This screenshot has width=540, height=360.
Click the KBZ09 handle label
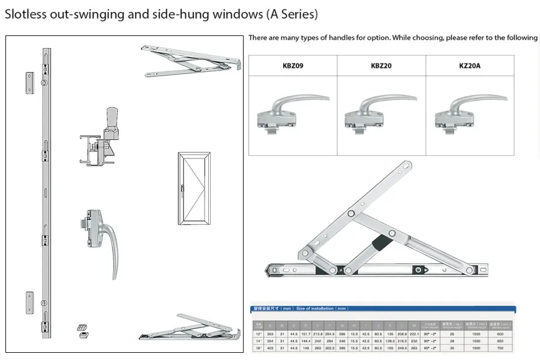293,65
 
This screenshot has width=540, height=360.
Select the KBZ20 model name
382,65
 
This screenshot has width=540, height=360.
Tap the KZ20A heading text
470,65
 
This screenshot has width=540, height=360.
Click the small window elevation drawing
194,188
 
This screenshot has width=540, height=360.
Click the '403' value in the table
271,347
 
